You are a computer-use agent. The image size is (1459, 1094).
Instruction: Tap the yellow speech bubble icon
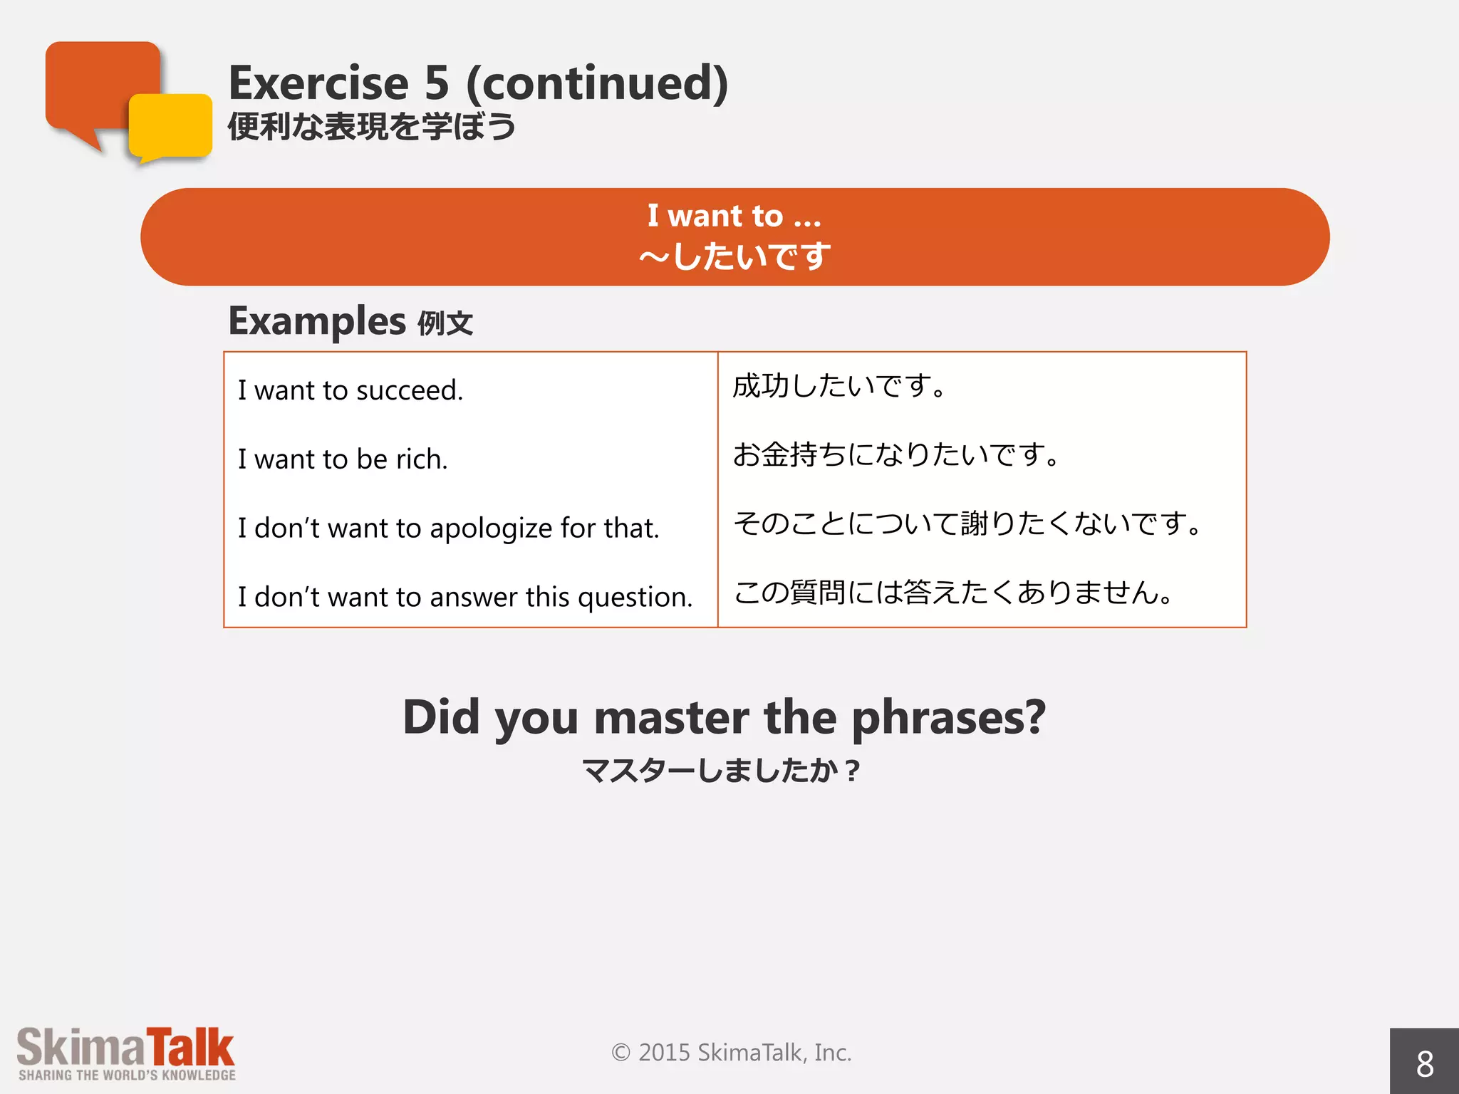click(x=171, y=127)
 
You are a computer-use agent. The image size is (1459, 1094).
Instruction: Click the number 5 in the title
click(x=437, y=83)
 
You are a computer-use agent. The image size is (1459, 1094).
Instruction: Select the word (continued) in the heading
click(x=597, y=83)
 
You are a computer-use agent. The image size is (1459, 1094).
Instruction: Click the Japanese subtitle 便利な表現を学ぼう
click(x=371, y=127)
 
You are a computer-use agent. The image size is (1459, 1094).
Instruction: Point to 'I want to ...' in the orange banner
click(x=734, y=216)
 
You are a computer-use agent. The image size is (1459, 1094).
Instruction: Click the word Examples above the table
click(x=317, y=321)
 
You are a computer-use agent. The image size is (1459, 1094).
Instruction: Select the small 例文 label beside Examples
click(x=445, y=324)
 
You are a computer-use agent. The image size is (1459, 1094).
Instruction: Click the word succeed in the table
click(x=409, y=390)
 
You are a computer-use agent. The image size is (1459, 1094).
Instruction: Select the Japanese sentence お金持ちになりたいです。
click(x=896, y=454)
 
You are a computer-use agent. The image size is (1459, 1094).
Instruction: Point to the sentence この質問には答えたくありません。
click(x=953, y=593)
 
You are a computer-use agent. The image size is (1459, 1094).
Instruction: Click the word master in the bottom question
click(x=671, y=717)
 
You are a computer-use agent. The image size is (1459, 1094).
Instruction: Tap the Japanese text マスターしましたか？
click(x=721, y=771)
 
